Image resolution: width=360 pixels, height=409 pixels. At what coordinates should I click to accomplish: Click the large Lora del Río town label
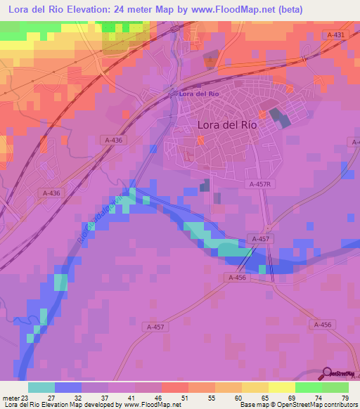227,124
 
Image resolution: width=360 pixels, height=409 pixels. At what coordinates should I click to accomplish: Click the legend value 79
345,397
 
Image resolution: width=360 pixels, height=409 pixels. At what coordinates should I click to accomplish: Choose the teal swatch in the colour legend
41,387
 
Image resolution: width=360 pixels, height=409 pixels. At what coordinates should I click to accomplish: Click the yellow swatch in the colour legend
255,387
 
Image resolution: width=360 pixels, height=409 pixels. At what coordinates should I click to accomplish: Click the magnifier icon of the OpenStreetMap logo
327,373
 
